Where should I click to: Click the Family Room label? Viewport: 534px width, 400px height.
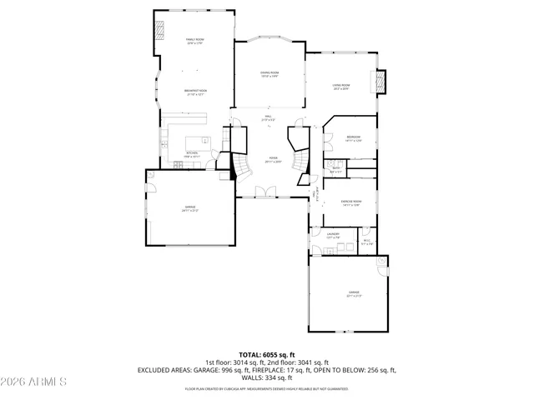pyautogui.click(x=195, y=41)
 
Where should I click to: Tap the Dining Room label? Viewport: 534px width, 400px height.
pyautogui.click(x=269, y=74)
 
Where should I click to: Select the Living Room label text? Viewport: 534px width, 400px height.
pyautogui.click(x=342, y=86)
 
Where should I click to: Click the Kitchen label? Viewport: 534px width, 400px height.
pyautogui.click(x=192, y=154)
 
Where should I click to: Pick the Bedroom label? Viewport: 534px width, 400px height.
pyautogui.click(x=354, y=138)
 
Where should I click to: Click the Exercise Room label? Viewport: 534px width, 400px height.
pyautogui.click(x=350, y=202)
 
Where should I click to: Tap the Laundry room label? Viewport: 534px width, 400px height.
pyautogui.click(x=332, y=236)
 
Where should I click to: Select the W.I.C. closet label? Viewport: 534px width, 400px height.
pyautogui.click(x=367, y=242)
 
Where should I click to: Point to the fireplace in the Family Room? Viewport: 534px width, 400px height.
pyautogui.click(x=159, y=30)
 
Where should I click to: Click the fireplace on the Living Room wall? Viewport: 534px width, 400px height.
pyautogui.click(x=383, y=81)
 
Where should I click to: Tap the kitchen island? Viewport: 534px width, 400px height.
pyautogui.click(x=194, y=140)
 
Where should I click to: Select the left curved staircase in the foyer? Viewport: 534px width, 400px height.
pyautogui.click(x=239, y=167)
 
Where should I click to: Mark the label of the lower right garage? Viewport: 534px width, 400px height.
pyautogui.click(x=354, y=294)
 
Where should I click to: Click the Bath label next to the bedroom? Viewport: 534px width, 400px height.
pyautogui.click(x=335, y=170)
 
